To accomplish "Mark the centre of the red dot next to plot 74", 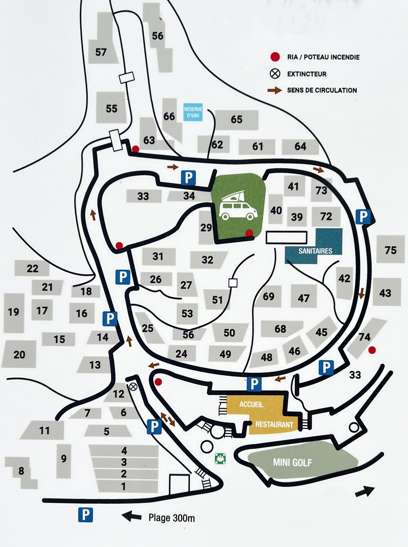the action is (372, 350).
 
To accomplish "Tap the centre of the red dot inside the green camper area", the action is (249, 233).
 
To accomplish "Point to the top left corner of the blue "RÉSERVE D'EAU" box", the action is (184, 103).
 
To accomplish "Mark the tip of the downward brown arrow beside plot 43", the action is (362, 299).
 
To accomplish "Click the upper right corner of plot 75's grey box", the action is (405, 235).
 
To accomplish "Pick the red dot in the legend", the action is (275, 57).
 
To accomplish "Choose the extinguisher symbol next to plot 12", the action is (133, 387).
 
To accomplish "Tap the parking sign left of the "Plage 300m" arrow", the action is (86, 515).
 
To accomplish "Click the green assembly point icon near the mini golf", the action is (220, 459).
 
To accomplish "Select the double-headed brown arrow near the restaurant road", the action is (168, 419).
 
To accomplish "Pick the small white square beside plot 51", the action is (233, 283).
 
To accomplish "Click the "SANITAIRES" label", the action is (315, 251).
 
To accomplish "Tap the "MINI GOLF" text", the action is (293, 463).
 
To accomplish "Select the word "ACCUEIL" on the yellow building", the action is (251, 404).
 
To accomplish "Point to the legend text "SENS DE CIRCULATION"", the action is (322, 90).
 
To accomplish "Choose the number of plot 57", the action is (101, 52).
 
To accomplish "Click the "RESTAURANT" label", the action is (274, 424).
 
